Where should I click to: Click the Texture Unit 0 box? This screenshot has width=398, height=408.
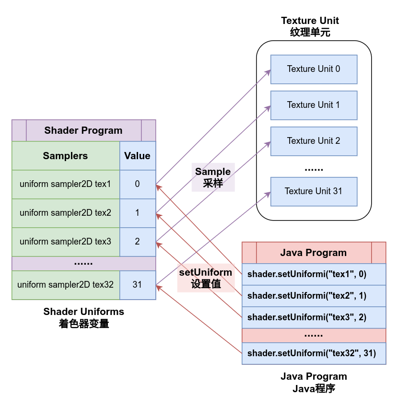[x=314, y=69]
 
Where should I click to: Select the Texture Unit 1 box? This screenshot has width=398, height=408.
[x=314, y=105]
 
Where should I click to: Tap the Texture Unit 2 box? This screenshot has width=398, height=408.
[x=314, y=141]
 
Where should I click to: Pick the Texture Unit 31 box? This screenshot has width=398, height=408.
[x=314, y=191]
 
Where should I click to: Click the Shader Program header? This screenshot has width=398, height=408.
[x=83, y=130]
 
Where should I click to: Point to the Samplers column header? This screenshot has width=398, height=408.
[x=65, y=156]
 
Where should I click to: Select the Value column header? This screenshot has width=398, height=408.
[x=137, y=156]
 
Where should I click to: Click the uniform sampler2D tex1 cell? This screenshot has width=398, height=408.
[x=65, y=184]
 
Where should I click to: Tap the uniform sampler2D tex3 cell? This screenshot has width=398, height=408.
[x=65, y=242]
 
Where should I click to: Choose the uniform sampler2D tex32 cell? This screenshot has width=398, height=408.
[x=65, y=285]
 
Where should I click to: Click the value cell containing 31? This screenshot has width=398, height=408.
[x=137, y=285]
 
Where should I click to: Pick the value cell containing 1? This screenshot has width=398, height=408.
[x=137, y=213]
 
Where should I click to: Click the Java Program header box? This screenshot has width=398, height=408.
[x=314, y=253]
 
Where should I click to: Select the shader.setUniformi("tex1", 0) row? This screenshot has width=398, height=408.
[x=314, y=275]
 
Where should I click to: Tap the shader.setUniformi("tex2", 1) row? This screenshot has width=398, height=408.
[x=314, y=296]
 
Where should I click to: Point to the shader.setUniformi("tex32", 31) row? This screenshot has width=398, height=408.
[x=314, y=354]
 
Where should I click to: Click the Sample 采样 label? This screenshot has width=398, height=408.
[x=213, y=177]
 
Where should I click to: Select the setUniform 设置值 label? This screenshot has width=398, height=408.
[x=206, y=278]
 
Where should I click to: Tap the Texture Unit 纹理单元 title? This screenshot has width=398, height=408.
[x=310, y=26]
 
